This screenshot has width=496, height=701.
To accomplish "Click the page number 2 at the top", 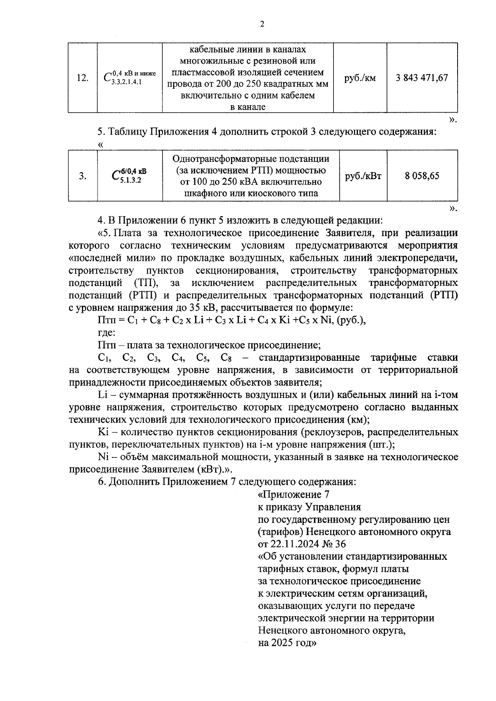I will [261, 24].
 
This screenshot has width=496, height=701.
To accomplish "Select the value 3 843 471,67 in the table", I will [422, 78].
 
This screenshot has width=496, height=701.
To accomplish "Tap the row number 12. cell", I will [83, 78].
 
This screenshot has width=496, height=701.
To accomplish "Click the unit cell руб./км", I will [360, 78].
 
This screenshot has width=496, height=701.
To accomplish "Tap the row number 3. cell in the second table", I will [83, 176].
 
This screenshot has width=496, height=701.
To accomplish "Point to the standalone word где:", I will [107, 333].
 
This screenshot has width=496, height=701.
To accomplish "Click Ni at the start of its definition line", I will [103, 457].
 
